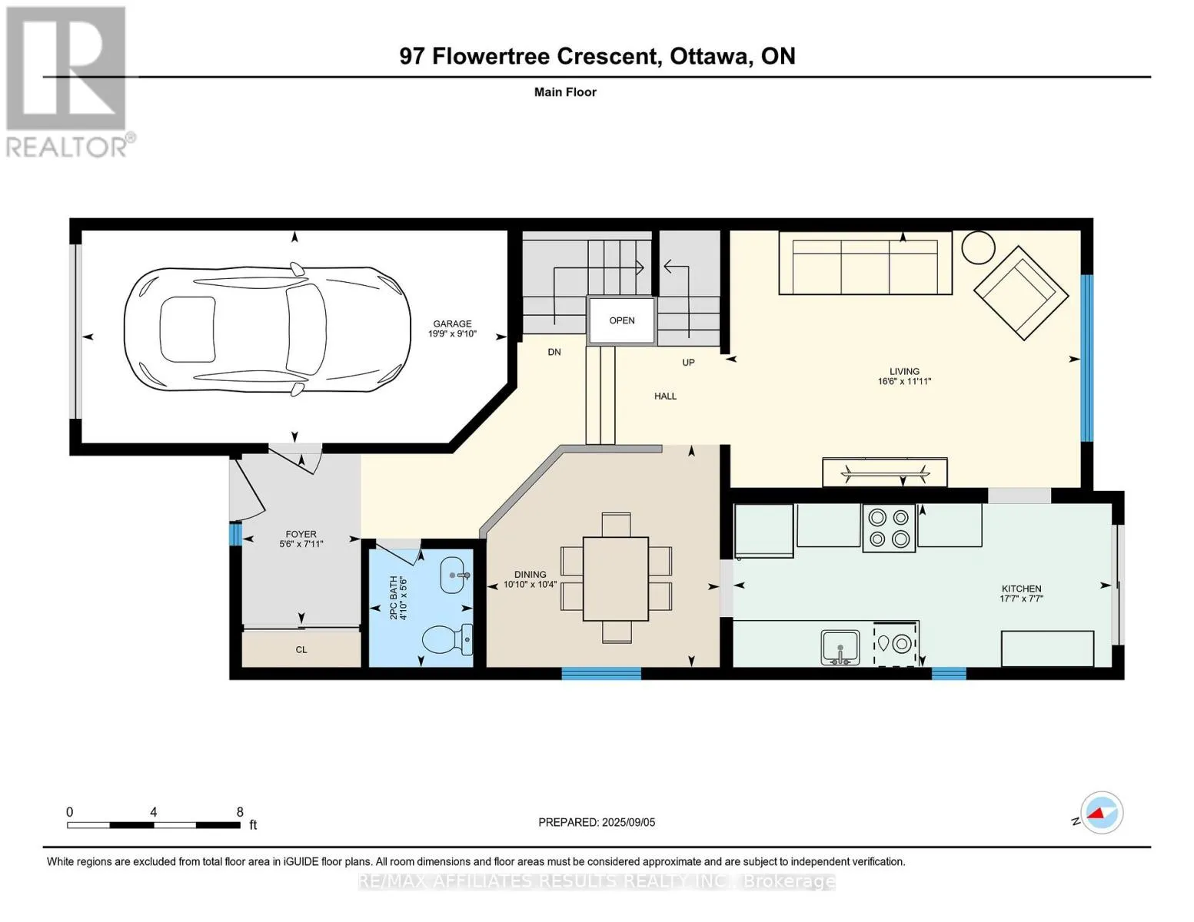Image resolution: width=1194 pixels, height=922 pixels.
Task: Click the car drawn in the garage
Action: point(267,330)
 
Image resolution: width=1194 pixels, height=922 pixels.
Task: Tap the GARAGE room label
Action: point(452,324)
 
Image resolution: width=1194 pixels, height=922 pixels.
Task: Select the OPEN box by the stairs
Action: point(621,320)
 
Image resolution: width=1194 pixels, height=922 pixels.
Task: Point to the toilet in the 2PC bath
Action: point(447,639)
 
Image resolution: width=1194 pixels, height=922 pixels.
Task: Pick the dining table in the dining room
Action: point(615,579)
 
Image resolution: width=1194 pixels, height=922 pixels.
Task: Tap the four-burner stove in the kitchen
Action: point(889,528)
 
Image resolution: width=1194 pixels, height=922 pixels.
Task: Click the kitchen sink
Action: point(840,648)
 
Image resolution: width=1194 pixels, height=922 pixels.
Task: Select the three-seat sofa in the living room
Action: point(866,263)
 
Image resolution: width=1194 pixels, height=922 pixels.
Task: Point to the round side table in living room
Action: point(978,247)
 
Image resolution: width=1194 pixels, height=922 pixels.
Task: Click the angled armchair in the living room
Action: point(1021,293)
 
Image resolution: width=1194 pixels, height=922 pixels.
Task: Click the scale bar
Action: point(154,824)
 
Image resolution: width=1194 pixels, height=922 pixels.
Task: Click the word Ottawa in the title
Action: point(711,56)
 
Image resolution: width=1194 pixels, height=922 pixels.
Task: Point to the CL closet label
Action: point(301,650)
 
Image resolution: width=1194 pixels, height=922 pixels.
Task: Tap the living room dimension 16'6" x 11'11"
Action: point(904,381)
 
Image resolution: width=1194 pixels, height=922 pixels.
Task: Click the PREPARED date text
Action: point(597,822)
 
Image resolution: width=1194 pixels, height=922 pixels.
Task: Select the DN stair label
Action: point(554,352)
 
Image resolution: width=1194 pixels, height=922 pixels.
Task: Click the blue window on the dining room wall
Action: point(601,673)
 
